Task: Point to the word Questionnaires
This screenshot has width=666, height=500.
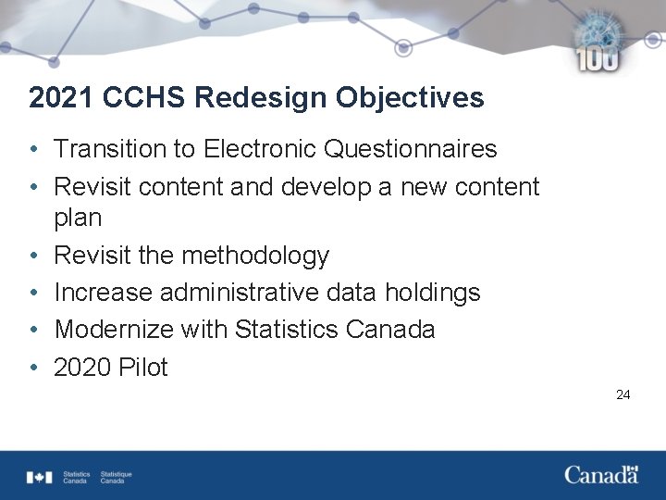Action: [419, 149]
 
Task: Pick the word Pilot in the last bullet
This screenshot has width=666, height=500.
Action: [143, 368]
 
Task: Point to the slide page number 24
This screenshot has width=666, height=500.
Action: [623, 394]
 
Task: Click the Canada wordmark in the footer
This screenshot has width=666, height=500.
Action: [601, 475]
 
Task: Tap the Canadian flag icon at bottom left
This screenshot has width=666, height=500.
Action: [40, 477]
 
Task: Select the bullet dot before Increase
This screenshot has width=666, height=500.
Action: [32, 294]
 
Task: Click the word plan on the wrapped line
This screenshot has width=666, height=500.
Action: [78, 219]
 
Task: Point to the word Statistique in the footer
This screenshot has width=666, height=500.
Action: [117, 474]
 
